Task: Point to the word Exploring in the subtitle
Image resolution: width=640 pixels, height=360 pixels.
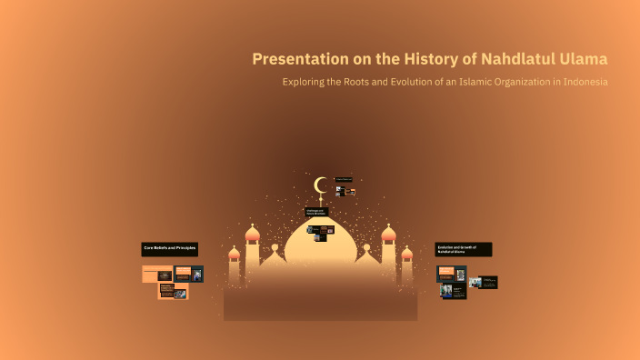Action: click(307, 82)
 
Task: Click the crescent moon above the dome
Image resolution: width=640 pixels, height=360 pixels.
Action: click(320, 185)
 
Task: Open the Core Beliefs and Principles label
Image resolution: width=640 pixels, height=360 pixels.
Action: click(170, 248)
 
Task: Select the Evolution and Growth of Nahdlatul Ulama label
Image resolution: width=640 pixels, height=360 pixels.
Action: click(464, 249)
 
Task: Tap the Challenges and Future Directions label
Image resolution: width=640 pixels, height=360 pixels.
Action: click(316, 212)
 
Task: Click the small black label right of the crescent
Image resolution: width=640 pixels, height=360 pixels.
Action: click(344, 179)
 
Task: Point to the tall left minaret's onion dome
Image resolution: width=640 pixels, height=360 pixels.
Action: click(253, 235)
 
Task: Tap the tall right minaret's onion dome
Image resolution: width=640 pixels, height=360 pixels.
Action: click(389, 235)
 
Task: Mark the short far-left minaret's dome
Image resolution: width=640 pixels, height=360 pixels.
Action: click(234, 254)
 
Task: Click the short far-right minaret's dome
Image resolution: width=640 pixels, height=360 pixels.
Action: click(407, 254)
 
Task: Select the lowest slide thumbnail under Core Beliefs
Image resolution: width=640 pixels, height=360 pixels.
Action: click(174, 291)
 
